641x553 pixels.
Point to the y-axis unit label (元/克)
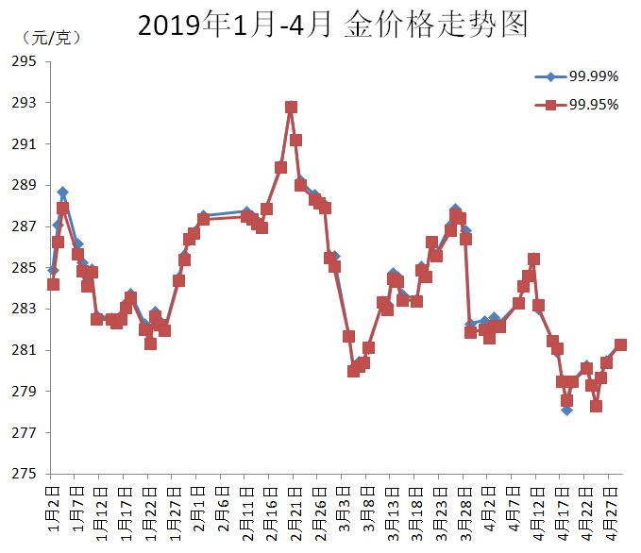49,38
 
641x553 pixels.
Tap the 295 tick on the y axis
25,61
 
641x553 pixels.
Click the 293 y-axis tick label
25,103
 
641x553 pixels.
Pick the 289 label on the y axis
25,185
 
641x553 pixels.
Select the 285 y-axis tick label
25,268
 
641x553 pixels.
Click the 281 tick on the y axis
25,350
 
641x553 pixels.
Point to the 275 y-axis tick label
25,474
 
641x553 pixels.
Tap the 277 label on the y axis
25,433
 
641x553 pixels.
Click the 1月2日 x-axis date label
53,510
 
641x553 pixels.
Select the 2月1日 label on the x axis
197,510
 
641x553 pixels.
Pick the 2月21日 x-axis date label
294,510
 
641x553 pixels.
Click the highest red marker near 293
291,108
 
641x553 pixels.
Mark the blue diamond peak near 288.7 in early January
62,193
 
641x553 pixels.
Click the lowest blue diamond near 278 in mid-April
566,410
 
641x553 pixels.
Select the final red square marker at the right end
620,344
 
